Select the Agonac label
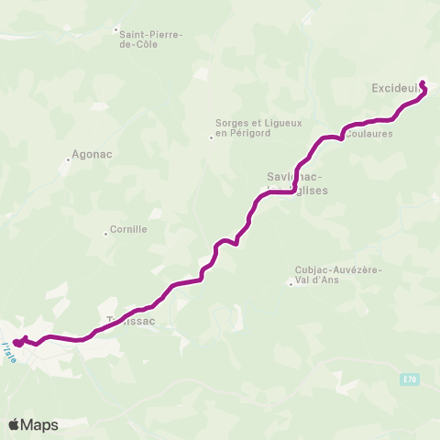(x=91, y=154)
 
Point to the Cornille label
(x=127, y=229)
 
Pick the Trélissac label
(x=132, y=321)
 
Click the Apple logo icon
(x=14, y=424)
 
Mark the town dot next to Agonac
(x=68, y=159)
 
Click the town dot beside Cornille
(x=106, y=235)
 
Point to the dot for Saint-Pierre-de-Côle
(x=116, y=29)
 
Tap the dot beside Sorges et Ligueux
(x=211, y=137)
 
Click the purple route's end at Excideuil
(x=422, y=82)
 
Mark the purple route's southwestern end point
(x=17, y=343)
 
